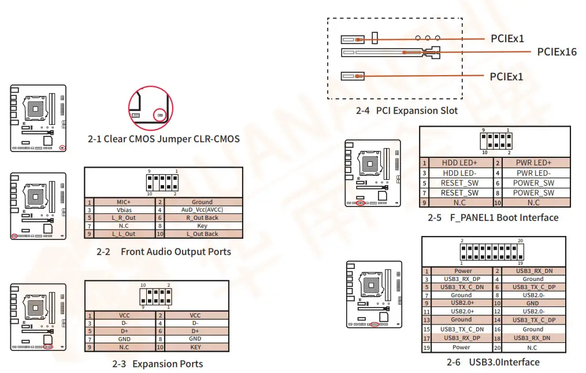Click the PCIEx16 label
point(557,52)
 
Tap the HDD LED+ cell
point(459,163)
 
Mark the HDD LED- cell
point(459,173)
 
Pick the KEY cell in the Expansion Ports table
point(195,347)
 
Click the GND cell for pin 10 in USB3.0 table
point(532,303)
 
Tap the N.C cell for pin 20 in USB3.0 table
point(532,348)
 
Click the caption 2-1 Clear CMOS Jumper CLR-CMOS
point(164,139)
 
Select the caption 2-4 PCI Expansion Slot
point(406,110)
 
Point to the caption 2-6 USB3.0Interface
point(493,363)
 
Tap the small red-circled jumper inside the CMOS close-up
point(159,115)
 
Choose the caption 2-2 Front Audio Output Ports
point(164,252)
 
